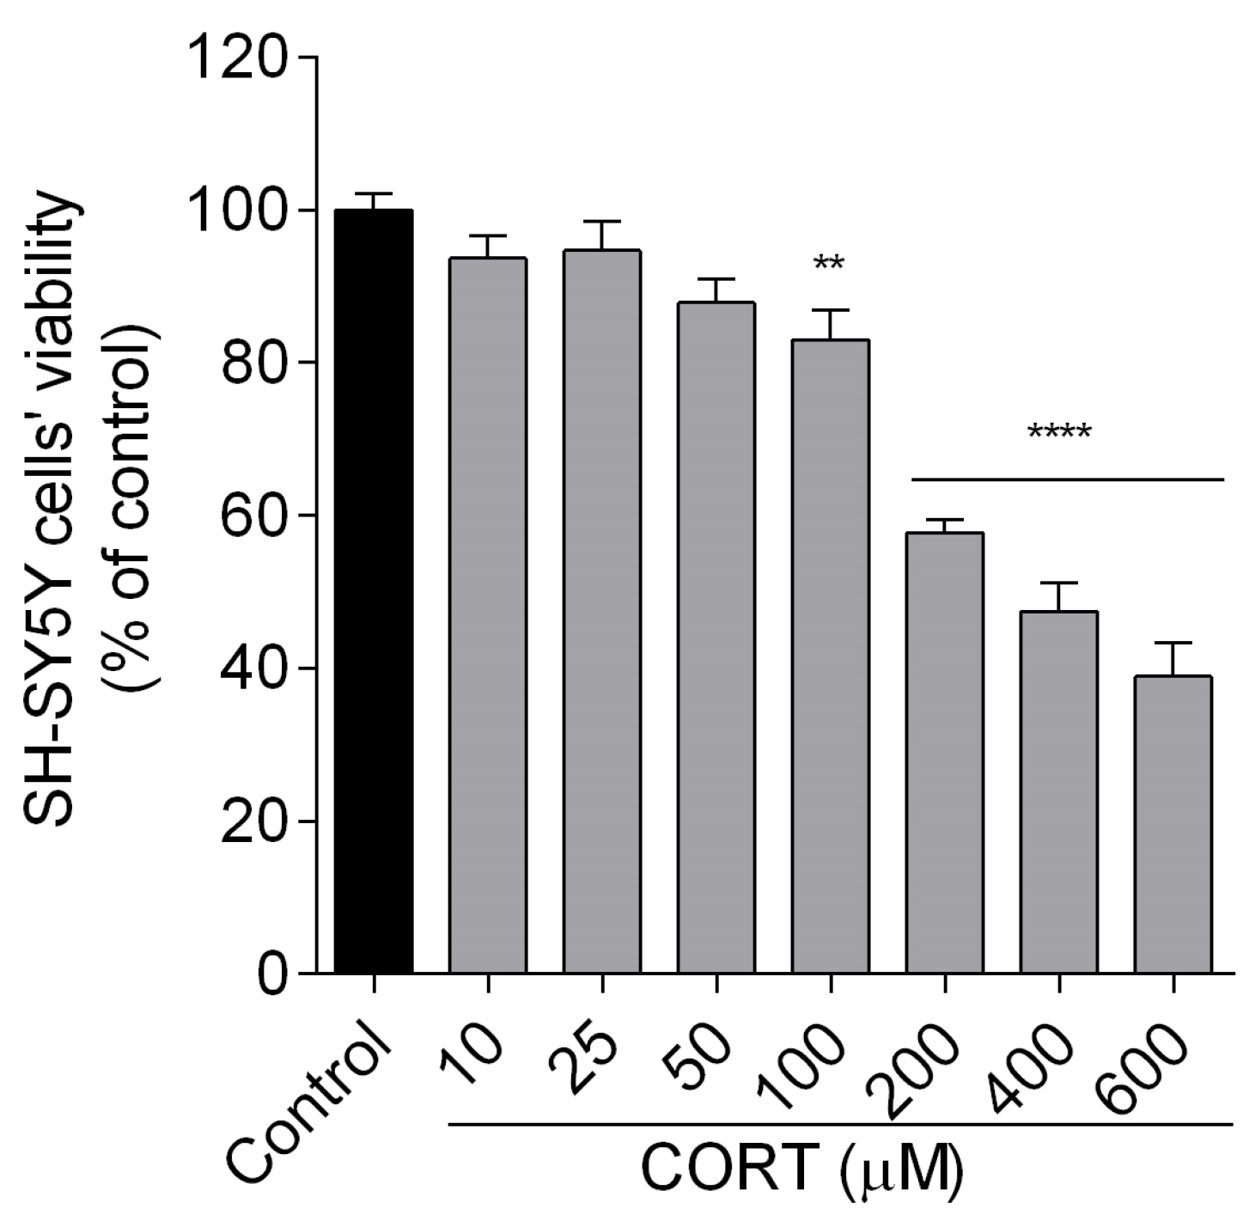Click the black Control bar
tap(374, 593)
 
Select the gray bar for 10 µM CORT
tap(488, 615)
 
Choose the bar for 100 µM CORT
tap(831, 656)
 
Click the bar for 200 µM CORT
tap(945, 753)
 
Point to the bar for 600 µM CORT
tap(1173, 825)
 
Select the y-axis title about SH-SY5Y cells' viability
tap(94, 516)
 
